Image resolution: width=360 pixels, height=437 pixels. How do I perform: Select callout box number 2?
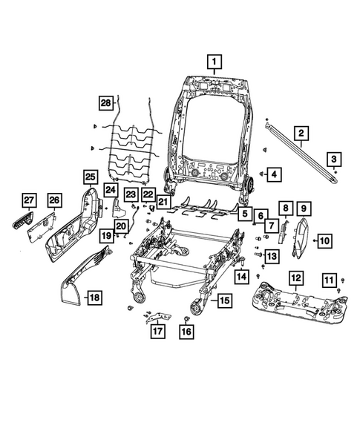pyautogui.click(x=301, y=134)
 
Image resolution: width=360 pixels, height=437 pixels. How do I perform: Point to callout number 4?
pyautogui.click(x=274, y=174)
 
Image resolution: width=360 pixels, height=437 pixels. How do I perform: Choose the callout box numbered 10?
pyautogui.click(x=326, y=240)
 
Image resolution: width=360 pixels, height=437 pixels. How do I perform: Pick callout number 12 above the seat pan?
pyautogui.click(x=295, y=278)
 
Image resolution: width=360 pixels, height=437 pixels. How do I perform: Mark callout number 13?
pyautogui.click(x=272, y=257)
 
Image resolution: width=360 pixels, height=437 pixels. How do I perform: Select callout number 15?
pyautogui.click(x=223, y=300)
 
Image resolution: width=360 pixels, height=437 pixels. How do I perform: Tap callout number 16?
pyautogui.click(x=186, y=332)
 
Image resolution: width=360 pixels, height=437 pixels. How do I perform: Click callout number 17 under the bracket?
pyautogui.click(x=157, y=332)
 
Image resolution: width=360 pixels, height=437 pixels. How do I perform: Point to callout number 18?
pyautogui.click(x=94, y=298)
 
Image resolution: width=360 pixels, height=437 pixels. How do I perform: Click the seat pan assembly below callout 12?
pyautogui.click(x=297, y=304)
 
